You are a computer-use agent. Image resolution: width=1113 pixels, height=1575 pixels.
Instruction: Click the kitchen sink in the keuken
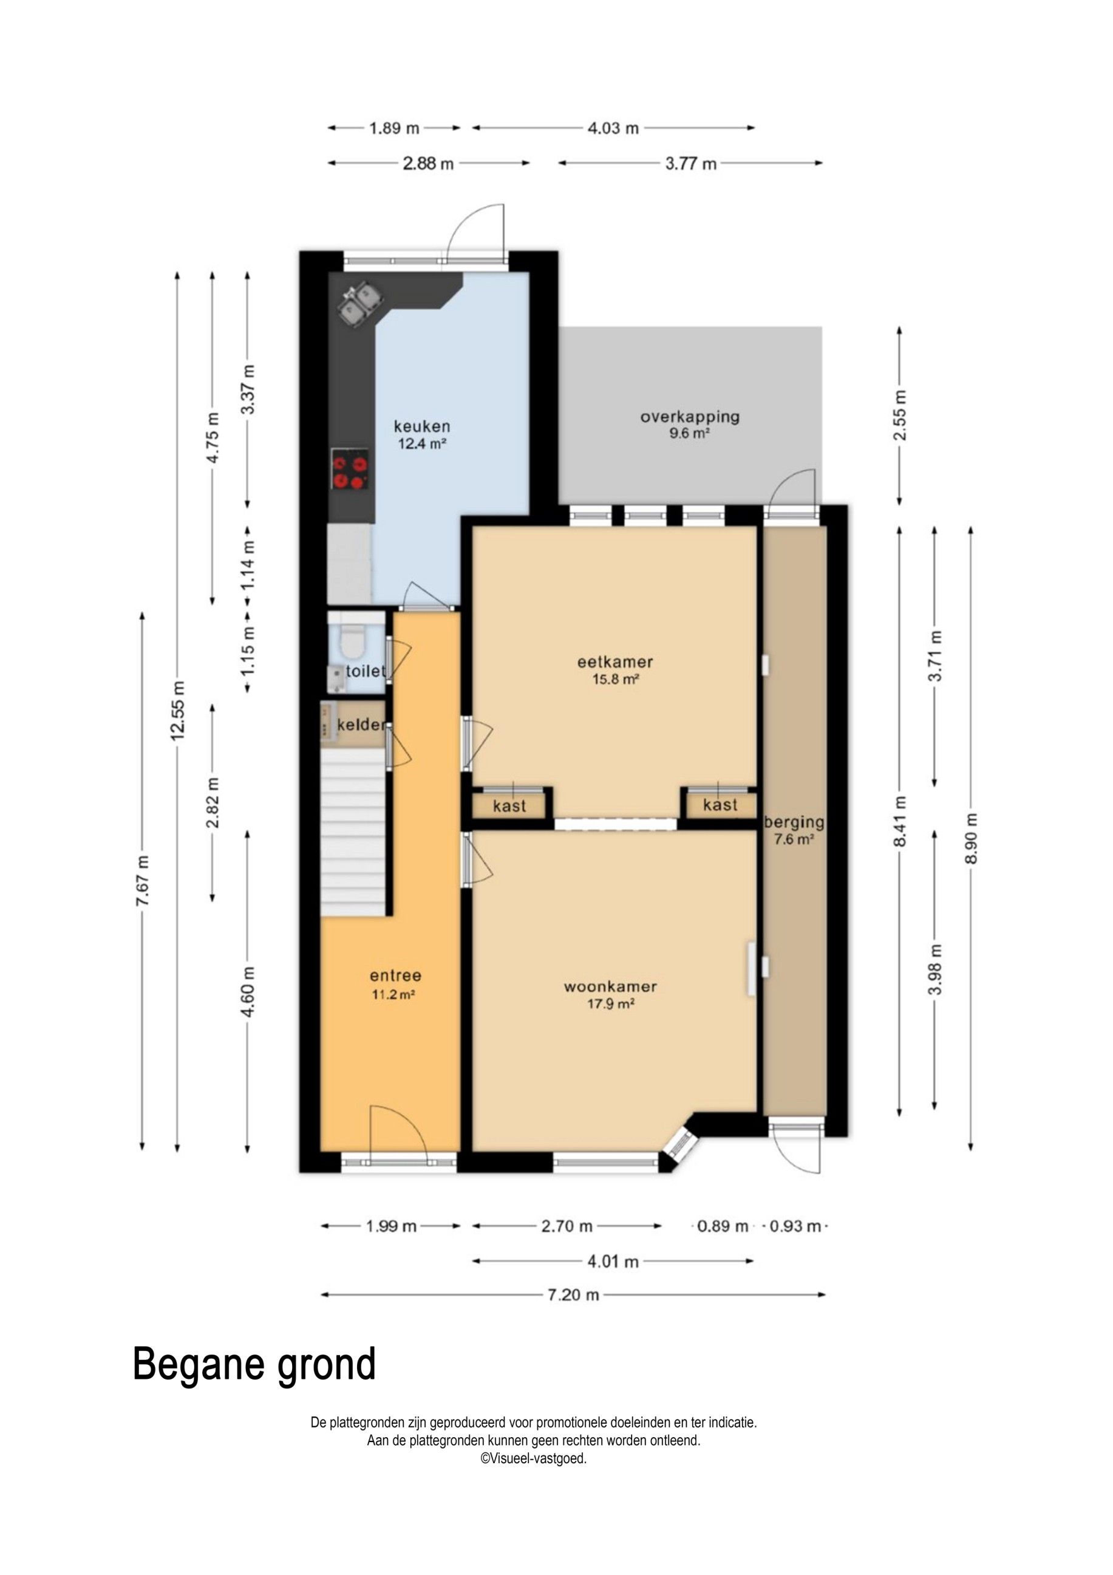pos(361,303)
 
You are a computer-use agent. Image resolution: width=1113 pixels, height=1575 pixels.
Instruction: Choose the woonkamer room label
pos(610,986)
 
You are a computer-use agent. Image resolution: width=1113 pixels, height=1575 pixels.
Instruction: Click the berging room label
pos(794,822)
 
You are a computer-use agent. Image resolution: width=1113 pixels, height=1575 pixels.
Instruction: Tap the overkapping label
pos(690,417)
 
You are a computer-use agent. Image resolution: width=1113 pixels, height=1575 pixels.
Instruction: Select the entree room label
pos(395,975)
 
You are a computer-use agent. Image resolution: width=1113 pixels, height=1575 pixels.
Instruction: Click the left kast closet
pos(509,805)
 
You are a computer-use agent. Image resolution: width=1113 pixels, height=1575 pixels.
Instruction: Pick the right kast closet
pos(720,805)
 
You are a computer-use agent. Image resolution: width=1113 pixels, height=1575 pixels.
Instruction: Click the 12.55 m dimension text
pos(178,711)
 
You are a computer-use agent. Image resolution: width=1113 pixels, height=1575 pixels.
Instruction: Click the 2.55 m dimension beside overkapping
pos(900,415)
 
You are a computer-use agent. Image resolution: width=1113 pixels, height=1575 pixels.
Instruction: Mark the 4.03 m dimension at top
pos(613,128)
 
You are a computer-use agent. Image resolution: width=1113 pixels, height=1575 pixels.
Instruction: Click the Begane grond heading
pos(254,1365)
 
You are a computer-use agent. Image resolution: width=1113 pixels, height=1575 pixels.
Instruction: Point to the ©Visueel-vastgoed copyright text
pos(533,1458)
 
